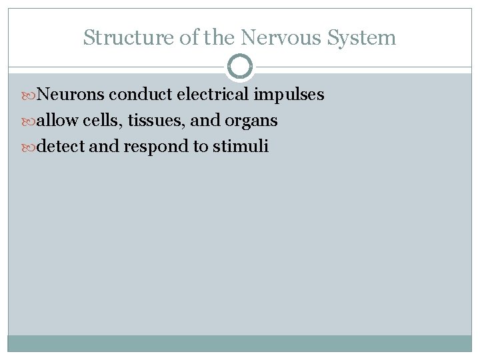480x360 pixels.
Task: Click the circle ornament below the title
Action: click(240, 67)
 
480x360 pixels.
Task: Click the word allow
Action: click(58, 121)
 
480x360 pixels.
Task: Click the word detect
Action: click(61, 146)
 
